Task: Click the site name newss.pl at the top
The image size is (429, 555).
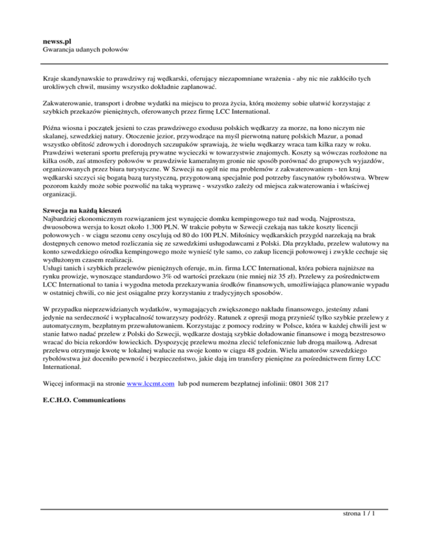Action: coord(56,41)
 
